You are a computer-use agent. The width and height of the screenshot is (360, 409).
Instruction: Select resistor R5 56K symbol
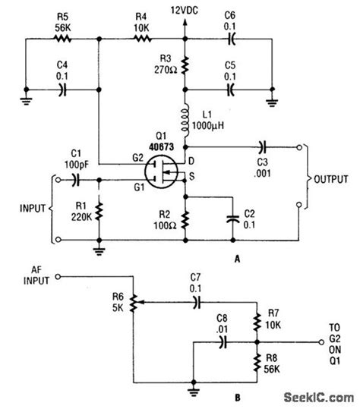(62, 39)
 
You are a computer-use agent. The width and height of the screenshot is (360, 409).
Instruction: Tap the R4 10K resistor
(141, 39)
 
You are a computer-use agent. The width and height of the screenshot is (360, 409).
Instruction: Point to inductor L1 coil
(185, 119)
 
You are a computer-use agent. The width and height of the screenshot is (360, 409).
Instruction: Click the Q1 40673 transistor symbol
(162, 171)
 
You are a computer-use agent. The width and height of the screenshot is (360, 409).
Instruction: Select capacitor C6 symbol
(231, 39)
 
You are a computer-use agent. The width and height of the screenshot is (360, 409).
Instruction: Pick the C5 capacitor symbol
(231, 89)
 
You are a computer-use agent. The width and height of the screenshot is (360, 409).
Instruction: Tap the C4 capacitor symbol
(63, 89)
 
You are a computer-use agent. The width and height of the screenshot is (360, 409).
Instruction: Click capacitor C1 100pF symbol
(74, 181)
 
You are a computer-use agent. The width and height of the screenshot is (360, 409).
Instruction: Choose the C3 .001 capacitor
(263, 147)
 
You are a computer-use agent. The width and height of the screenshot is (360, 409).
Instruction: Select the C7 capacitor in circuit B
(196, 302)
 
